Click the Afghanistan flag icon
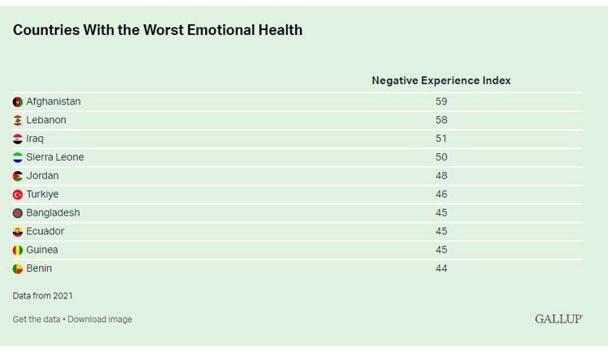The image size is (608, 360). click(x=18, y=101)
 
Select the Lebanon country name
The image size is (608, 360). click(x=46, y=120)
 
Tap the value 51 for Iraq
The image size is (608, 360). click(x=441, y=139)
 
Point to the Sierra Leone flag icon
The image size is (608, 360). click(x=18, y=157)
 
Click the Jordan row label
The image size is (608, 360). click(x=43, y=176)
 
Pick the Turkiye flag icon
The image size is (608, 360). click(x=18, y=195)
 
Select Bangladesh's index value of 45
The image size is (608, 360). click(x=441, y=212)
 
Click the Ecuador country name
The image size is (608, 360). click(x=45, y=231)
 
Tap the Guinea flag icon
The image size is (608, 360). click(x=18, y=251)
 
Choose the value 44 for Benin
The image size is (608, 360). click(x=441, y=268)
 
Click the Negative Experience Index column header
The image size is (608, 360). click(x=441, y=80)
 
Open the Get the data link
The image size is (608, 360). click(x=36, y=319)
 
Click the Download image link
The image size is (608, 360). click(x=100, y=319)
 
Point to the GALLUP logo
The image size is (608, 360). click(x=559, y=319)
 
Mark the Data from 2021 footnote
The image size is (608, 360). click(x=43, y=296)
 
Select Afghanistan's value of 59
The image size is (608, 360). click(x=441, y=101)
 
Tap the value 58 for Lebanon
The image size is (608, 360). click(x=441, y=120)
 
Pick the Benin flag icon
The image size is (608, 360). click(x=18, y=269)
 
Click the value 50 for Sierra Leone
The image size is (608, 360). click(x=441, y=157)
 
